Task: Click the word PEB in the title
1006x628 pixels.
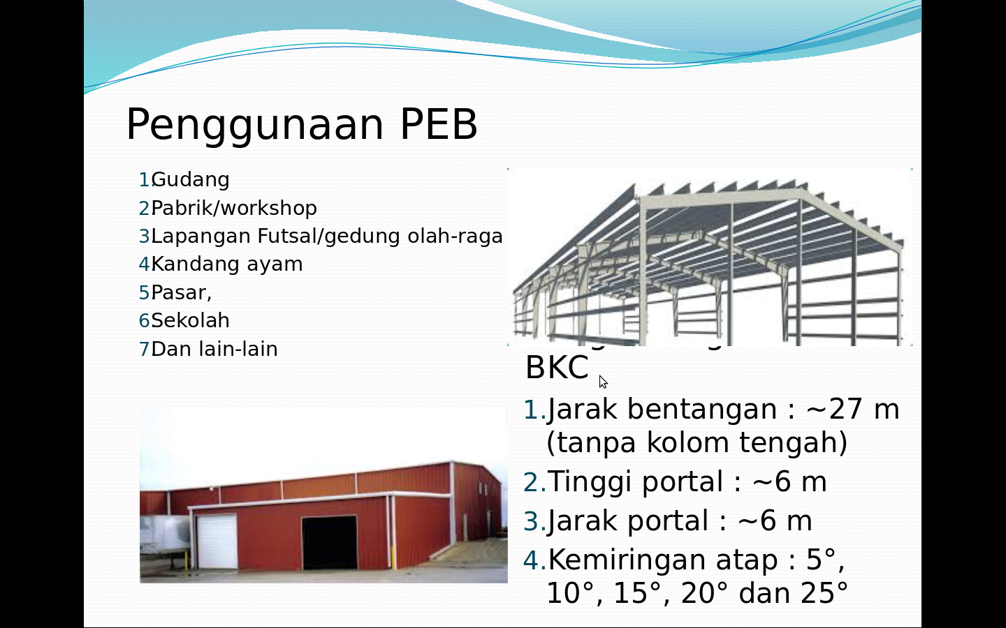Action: [438, 125]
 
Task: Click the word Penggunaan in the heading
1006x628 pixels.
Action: [255, 125]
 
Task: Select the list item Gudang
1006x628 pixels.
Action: [190, 180]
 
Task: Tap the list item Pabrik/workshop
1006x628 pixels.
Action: [233, 208]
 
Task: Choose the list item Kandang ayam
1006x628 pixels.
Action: [226, 264]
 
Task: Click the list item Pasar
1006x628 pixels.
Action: [181, 292]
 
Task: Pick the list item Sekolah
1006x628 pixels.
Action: [190, 321]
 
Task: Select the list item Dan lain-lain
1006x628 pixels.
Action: [214, 349]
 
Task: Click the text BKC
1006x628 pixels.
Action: [557, 368]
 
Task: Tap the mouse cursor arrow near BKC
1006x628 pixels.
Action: [603, 381]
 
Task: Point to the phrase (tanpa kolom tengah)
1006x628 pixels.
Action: [697, 443]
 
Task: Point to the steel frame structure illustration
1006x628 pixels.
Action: [709, 258]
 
